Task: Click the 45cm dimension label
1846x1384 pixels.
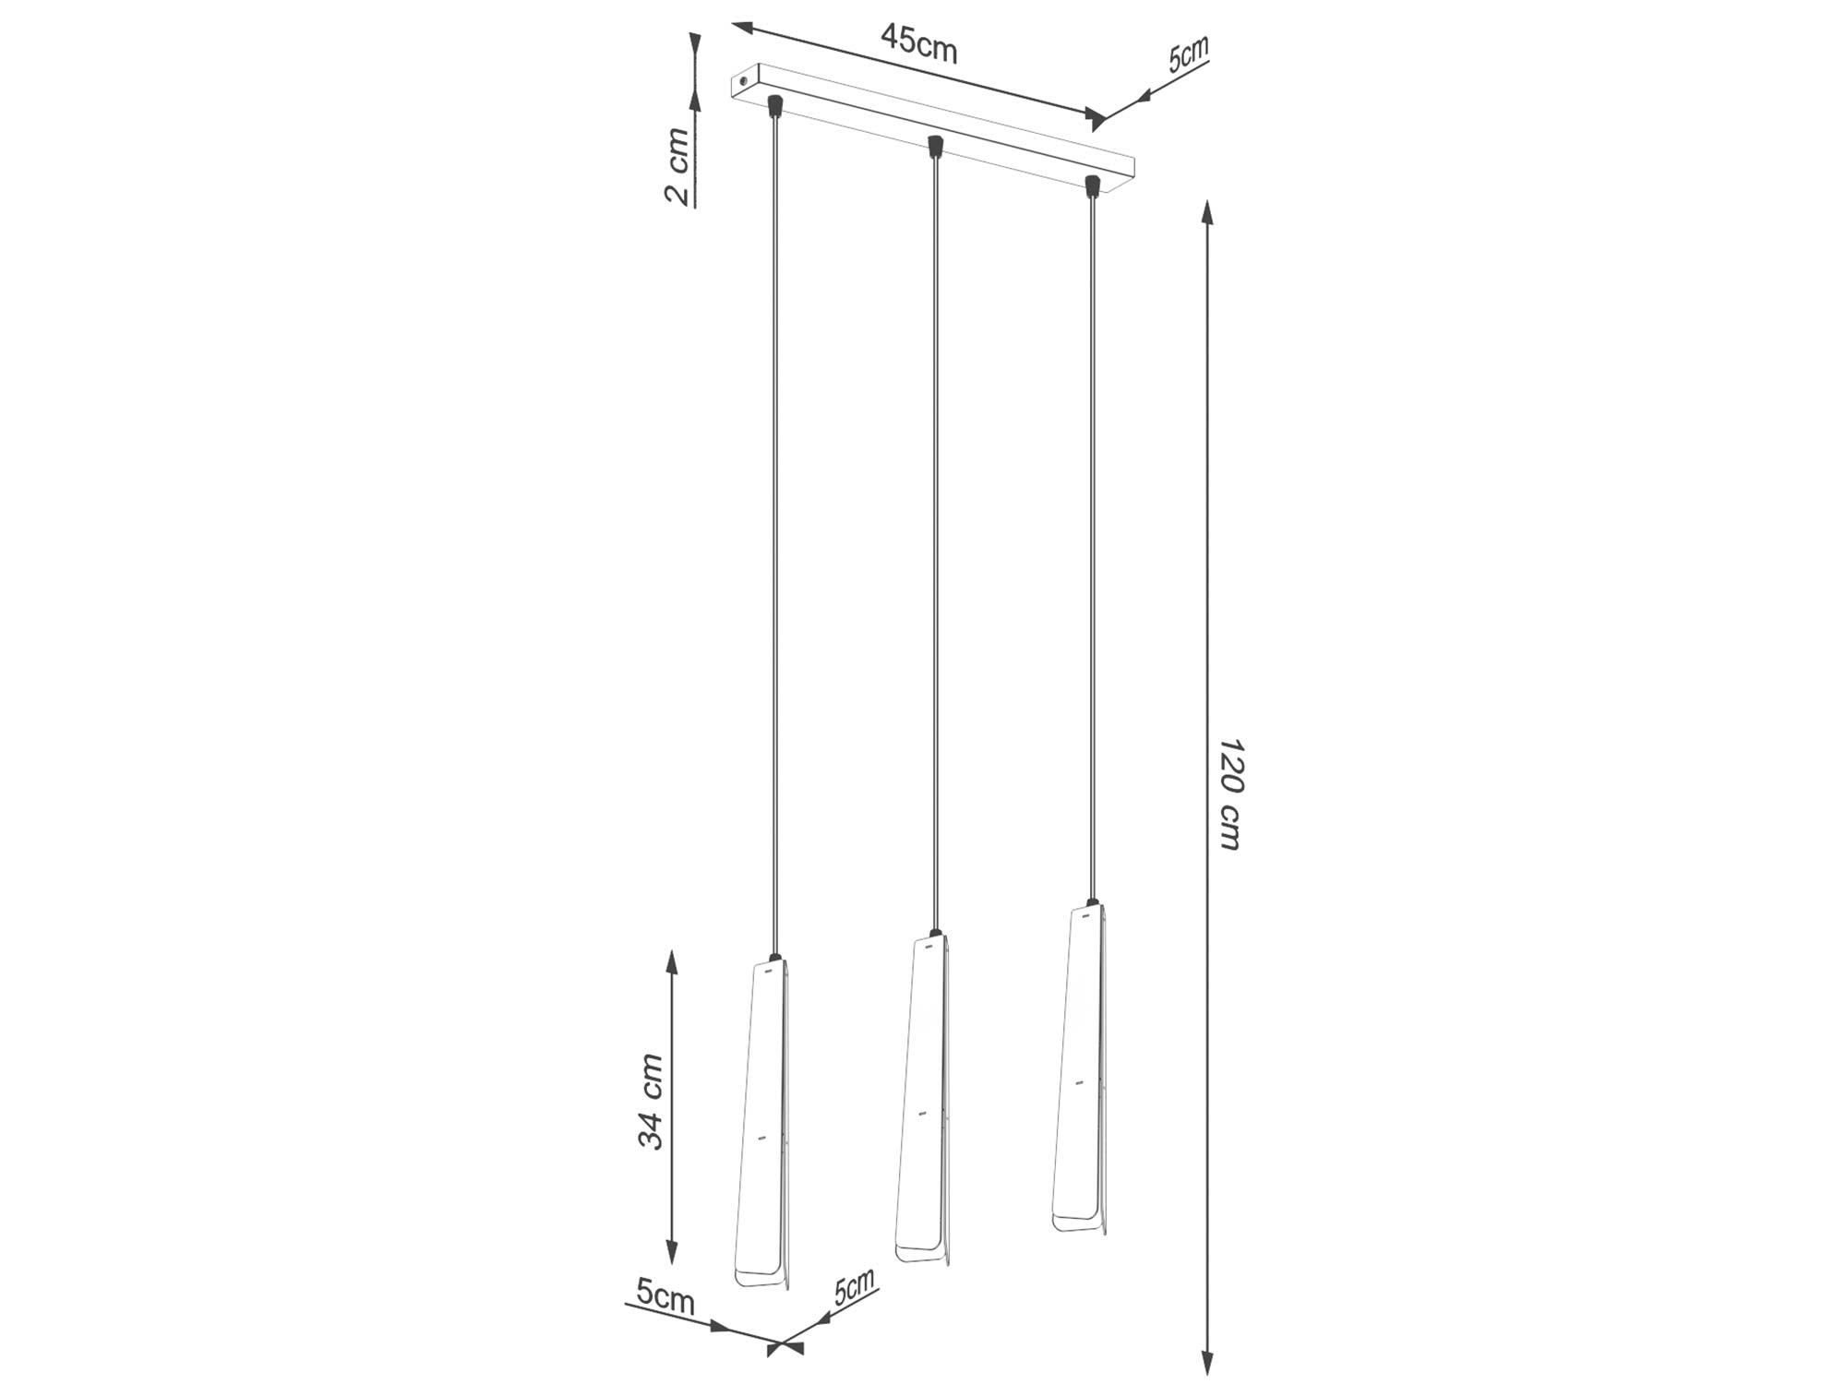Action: (919, 42)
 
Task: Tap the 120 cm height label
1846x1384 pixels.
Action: (1230, 793)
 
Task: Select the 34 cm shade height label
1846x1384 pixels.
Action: (651, 1102)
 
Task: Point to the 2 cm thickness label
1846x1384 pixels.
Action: (677, 166)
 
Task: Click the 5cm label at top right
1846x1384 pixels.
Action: (1188, 54)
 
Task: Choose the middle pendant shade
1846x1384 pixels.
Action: (923, 1100)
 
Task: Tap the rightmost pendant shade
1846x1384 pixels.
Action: (1080, 1068)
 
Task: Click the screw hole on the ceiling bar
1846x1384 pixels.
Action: (741, 83)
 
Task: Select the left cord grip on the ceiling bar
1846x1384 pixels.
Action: (775, 105)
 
